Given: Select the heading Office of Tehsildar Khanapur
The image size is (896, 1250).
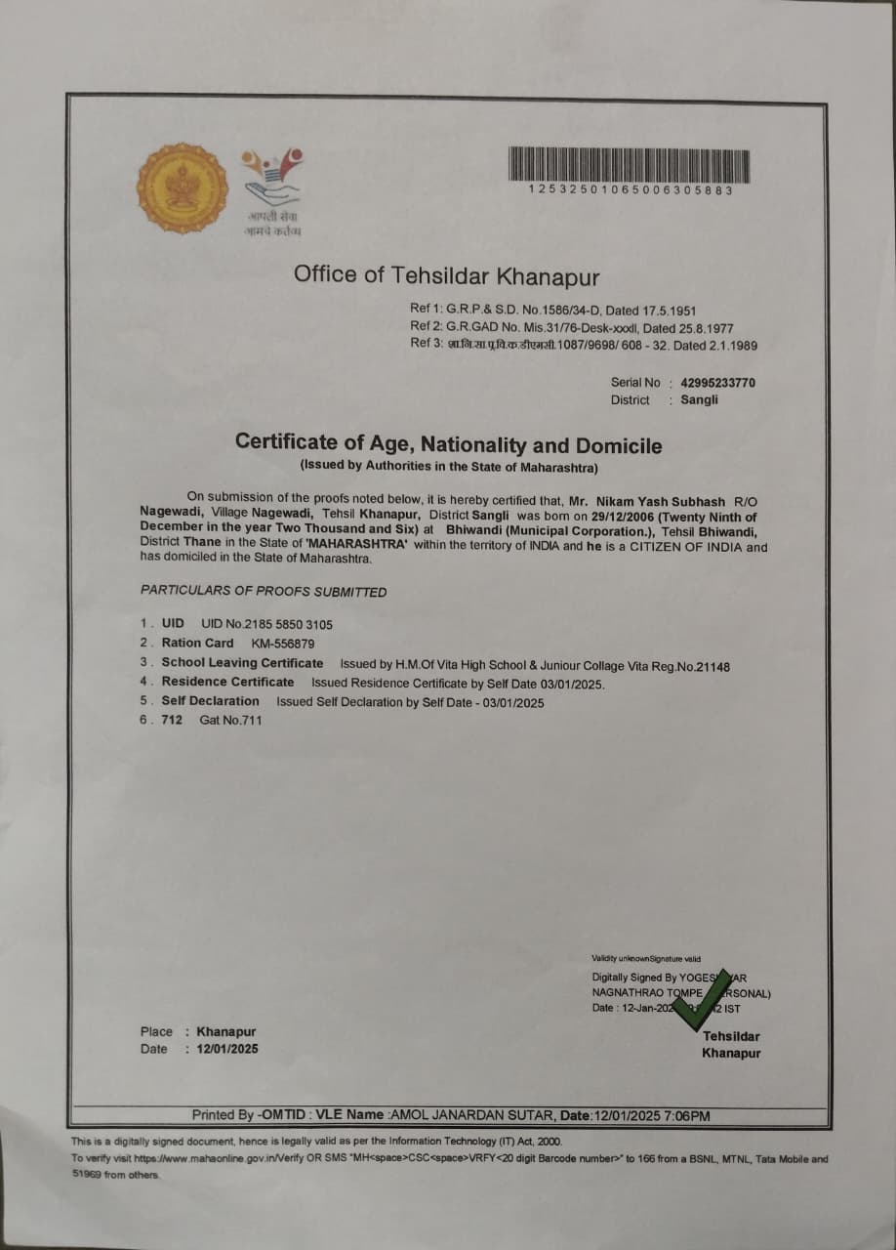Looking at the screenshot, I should [x=447, y=274].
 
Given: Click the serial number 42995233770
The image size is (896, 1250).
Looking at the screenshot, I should [x=717, y=383].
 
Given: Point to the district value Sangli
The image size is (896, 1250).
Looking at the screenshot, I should [x=699, y=400].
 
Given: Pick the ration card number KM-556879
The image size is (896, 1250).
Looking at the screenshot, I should [x=282, y=644].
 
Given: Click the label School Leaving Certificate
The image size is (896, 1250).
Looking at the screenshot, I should [x=242, y=663].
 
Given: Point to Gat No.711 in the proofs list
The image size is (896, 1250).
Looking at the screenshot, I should [x=230, y=721].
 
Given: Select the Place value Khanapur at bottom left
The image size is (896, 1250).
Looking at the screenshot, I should [x=226, y=1031].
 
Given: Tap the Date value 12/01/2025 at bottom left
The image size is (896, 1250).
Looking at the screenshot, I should [x=227, y=1050].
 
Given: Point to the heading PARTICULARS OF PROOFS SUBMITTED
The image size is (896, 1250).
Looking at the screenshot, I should [x=264, y=592].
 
